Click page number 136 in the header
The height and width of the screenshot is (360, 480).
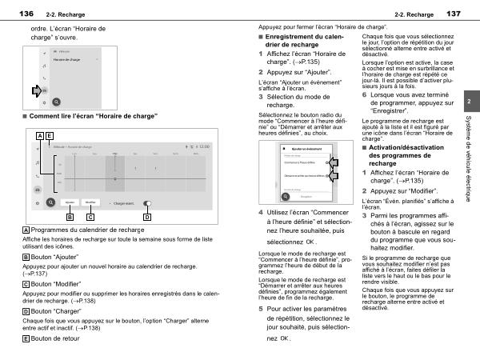click(x=26, y=14)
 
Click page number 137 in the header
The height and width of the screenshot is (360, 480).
click(x=454, y=14)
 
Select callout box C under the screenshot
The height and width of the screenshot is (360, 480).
click(x=90, y=217)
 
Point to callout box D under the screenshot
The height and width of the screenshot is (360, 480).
click(x=147, y=217)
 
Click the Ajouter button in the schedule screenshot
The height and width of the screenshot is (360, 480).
click(x=70, y=203)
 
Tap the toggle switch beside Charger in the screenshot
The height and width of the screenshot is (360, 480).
click(x=147, y=203)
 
